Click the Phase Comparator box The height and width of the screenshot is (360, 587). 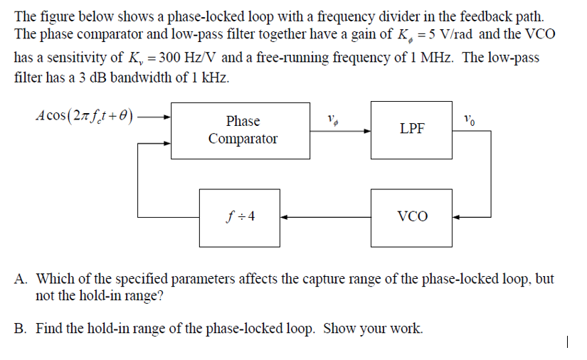click(x=243, y=130)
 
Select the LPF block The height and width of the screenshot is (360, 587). click(x=412, y=129)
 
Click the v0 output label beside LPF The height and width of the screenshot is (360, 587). click(x=468, y=118)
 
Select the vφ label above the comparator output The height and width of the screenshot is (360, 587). click(x=332, y=120)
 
